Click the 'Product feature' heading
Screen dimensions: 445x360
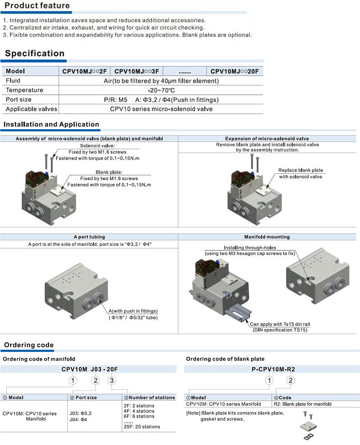[x=37, y=6]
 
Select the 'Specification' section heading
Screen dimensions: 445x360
[x=34, y=54]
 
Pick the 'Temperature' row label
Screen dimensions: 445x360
[x=24, y=90]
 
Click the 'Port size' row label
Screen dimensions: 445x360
[x=19, y=100]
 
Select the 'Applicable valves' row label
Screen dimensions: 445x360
[x=31, y=109]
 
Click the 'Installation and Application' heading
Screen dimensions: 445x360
[x=51, y=125]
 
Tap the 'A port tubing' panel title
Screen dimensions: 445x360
[x=89, y=237]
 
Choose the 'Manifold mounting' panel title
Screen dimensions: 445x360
[x=267, y=237]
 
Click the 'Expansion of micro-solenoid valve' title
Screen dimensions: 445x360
[x=267, y=138]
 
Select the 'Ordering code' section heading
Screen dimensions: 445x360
[x=29, y=345]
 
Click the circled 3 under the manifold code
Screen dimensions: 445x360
[x=111, y=379]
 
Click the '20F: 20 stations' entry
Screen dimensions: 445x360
[x=141, y=426]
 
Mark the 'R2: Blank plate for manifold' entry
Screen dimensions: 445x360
[x=303, y=404]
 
